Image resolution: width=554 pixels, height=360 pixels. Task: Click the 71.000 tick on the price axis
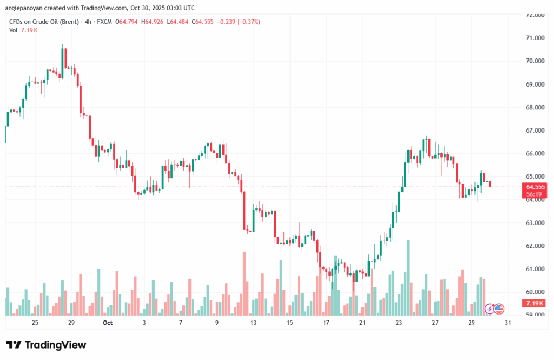click(535, 38)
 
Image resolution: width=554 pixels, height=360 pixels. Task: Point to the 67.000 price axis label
click(535, 130)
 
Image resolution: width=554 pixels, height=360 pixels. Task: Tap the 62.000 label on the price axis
click(535, 246)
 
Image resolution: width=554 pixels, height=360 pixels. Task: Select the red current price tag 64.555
click(535, 186)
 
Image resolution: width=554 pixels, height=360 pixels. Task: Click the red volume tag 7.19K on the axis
click(535, 303)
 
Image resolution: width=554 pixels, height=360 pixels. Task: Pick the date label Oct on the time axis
click(108, 323)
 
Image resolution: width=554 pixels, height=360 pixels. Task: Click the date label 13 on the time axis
click(253, 323)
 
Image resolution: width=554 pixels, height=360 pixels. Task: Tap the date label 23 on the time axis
click(399, 323)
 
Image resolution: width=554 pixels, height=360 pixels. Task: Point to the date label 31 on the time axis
click(508, 323)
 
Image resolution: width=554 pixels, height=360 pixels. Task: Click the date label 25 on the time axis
click(35, 323)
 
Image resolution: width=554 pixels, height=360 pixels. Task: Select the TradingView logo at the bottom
click(46, 345)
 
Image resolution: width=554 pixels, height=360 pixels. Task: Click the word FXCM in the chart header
click(104, 22)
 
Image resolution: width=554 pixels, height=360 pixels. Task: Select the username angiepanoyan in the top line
click(25, 8)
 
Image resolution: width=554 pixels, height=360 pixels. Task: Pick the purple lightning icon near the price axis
click(490, 309)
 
